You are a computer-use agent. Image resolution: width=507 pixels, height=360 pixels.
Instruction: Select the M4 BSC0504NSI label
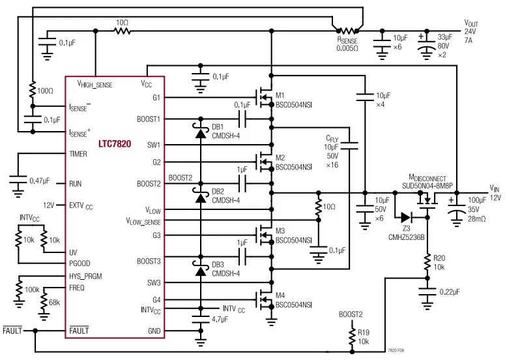pos(293,304)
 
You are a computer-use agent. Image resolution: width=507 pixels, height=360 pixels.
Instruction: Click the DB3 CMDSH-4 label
pos(225,269)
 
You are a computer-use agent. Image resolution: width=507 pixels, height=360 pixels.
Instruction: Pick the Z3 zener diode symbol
pos(405,217)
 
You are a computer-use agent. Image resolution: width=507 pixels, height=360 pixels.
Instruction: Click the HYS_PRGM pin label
pos(85,276)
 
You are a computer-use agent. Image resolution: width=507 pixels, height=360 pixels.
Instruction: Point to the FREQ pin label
pos(77,287)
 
